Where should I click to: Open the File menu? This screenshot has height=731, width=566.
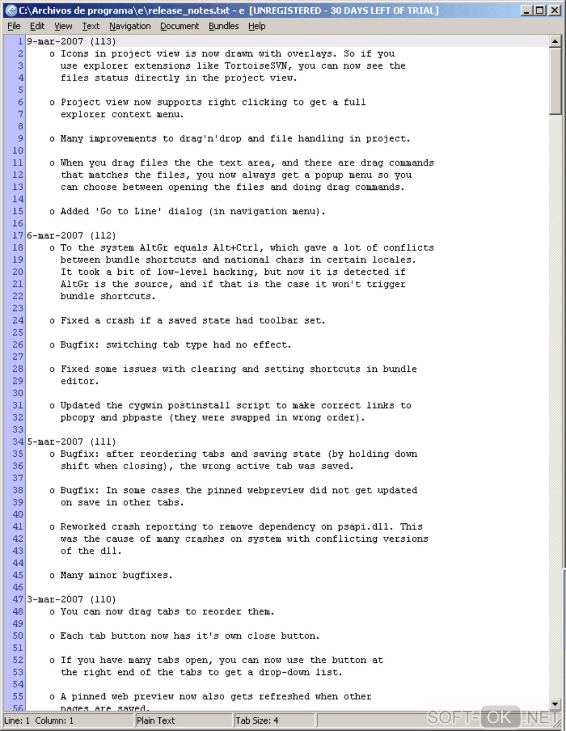pyautogui.click(x=14, y=26)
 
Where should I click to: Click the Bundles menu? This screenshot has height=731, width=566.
pyautogui.click(x=224, y=26)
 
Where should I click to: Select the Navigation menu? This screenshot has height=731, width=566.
pyautogui.click(x=130, y=26)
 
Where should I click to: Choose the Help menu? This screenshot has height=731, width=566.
pyautogui.click(x=256, y=26)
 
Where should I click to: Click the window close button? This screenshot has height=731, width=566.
pyautogui.click(x=554, y=10)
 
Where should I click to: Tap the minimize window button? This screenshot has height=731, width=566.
pyautogui.click(x=527, y=10)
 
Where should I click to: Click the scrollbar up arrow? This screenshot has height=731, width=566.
pyautogui.click(x=555, y=41)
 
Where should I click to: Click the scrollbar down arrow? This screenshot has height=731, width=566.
pyautogui.click(x=555, y=704)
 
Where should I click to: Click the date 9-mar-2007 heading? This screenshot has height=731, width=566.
pyautogui.click(x=55, y=42)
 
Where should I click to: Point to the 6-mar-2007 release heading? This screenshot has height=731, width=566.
pyautogui.click(x=55, y=235)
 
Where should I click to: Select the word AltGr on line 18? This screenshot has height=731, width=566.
pyautogui.click(x=154, y=248)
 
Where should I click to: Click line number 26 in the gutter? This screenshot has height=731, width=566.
pyautogui.click(x=18, y=345)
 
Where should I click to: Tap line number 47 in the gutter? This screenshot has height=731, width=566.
pyautogui.click(x=18, y=599)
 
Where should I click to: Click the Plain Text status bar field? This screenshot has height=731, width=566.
pyautogui.click(x=156, y=720)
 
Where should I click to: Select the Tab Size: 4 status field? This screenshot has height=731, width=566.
pyautogui.click(x=257, y=720)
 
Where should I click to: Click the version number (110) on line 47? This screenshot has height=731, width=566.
pyautogui.click(x=103, y=599)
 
